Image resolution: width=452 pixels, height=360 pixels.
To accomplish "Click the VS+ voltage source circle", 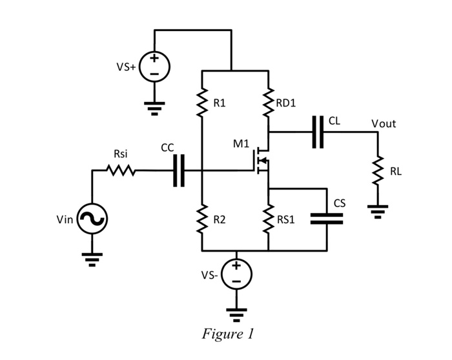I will click(154, 66).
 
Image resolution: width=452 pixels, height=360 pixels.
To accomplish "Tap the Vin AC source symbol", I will click(92, 220).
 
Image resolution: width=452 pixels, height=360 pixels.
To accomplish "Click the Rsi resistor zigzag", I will click(121, 171).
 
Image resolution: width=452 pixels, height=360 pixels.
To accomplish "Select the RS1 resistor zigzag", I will click(269, 219).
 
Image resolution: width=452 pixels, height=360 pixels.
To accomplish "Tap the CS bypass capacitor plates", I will click(327, 219).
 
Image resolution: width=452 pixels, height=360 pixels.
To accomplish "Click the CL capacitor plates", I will click(317, 132).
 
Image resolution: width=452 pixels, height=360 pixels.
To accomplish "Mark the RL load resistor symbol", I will click(377, 170).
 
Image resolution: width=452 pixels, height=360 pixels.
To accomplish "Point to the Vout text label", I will click(384, 123).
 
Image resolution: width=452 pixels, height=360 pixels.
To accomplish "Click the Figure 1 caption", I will click(228, 334).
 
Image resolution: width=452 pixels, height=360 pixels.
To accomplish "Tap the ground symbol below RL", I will click(377, 211).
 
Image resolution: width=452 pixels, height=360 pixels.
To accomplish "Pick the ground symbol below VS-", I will click(237, 314).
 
